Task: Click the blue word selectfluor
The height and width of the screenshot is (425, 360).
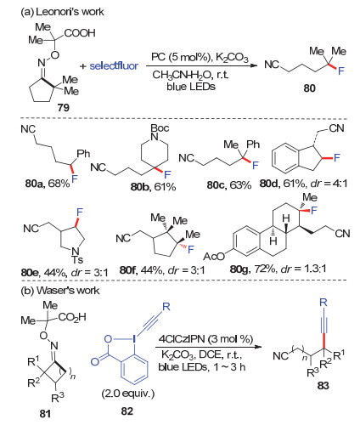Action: (x=114, y=66)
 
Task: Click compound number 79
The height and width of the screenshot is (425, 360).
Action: (x=63, y=107)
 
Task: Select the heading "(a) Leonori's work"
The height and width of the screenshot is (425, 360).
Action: (x=62, y=12)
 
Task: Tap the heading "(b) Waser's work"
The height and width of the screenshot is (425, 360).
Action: (x=60, y=291)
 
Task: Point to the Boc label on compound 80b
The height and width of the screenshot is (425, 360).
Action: (x=160, y=128)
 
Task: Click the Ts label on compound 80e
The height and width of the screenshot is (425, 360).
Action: (x=77, y=259)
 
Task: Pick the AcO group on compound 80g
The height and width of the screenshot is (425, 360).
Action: (x=214, y=257)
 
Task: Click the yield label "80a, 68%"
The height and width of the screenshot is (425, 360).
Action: (x=48, y=184)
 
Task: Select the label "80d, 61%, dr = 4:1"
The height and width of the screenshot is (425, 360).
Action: (x=303, y=184)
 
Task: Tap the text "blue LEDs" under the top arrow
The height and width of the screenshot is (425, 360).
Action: (x=191, y=86)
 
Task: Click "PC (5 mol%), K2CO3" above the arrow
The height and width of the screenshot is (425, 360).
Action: (x=200, y=58)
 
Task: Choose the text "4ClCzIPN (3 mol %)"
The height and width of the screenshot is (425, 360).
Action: (x=205, y=339)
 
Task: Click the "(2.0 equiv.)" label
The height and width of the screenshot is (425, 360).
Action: (x=128, y=394)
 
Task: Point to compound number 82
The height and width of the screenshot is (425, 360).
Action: (x=127, y=411)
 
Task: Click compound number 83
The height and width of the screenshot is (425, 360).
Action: (x=323, y=385)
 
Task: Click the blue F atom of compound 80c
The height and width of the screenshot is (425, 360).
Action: (x=256, y=166)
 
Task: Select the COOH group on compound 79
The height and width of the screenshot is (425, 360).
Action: (x=80, y=33)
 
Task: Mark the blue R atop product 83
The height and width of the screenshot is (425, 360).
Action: (x=323, y=302)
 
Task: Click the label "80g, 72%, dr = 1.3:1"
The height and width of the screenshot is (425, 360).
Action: (x=278, y=268)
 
